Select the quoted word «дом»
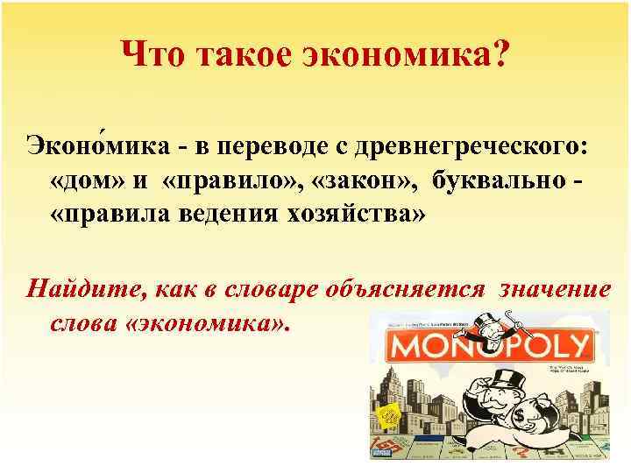point(103,180)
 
